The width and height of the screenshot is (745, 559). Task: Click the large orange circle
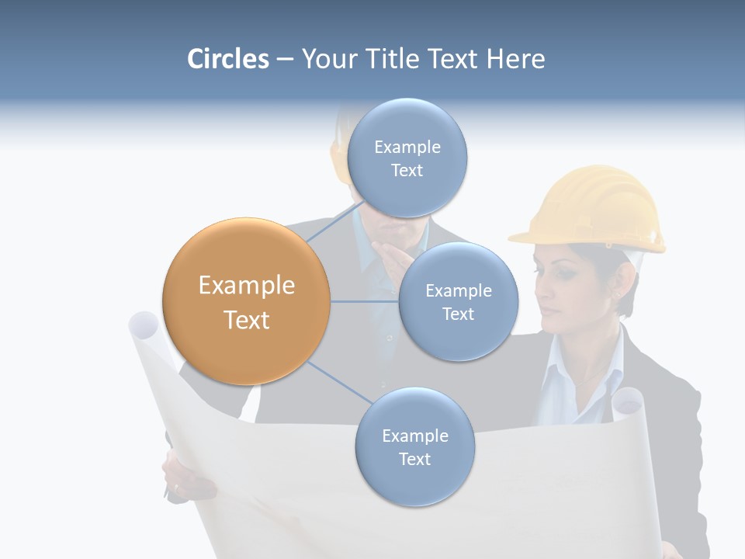(x=246, y=301)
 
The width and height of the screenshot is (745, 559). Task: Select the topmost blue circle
(x=406, y=158)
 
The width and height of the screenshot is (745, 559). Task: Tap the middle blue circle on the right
(x=458, y=301)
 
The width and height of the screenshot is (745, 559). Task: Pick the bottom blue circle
(x=414, y=446)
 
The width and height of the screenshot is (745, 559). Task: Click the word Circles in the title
(x=228, y=59)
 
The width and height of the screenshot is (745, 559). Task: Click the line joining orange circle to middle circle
(x=365, y=301)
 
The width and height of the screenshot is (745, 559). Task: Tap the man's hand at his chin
(x=386, y=255)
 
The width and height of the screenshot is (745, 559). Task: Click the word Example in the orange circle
(x=246, y=286)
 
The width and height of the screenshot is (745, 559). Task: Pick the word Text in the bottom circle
(x=414, y=459)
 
